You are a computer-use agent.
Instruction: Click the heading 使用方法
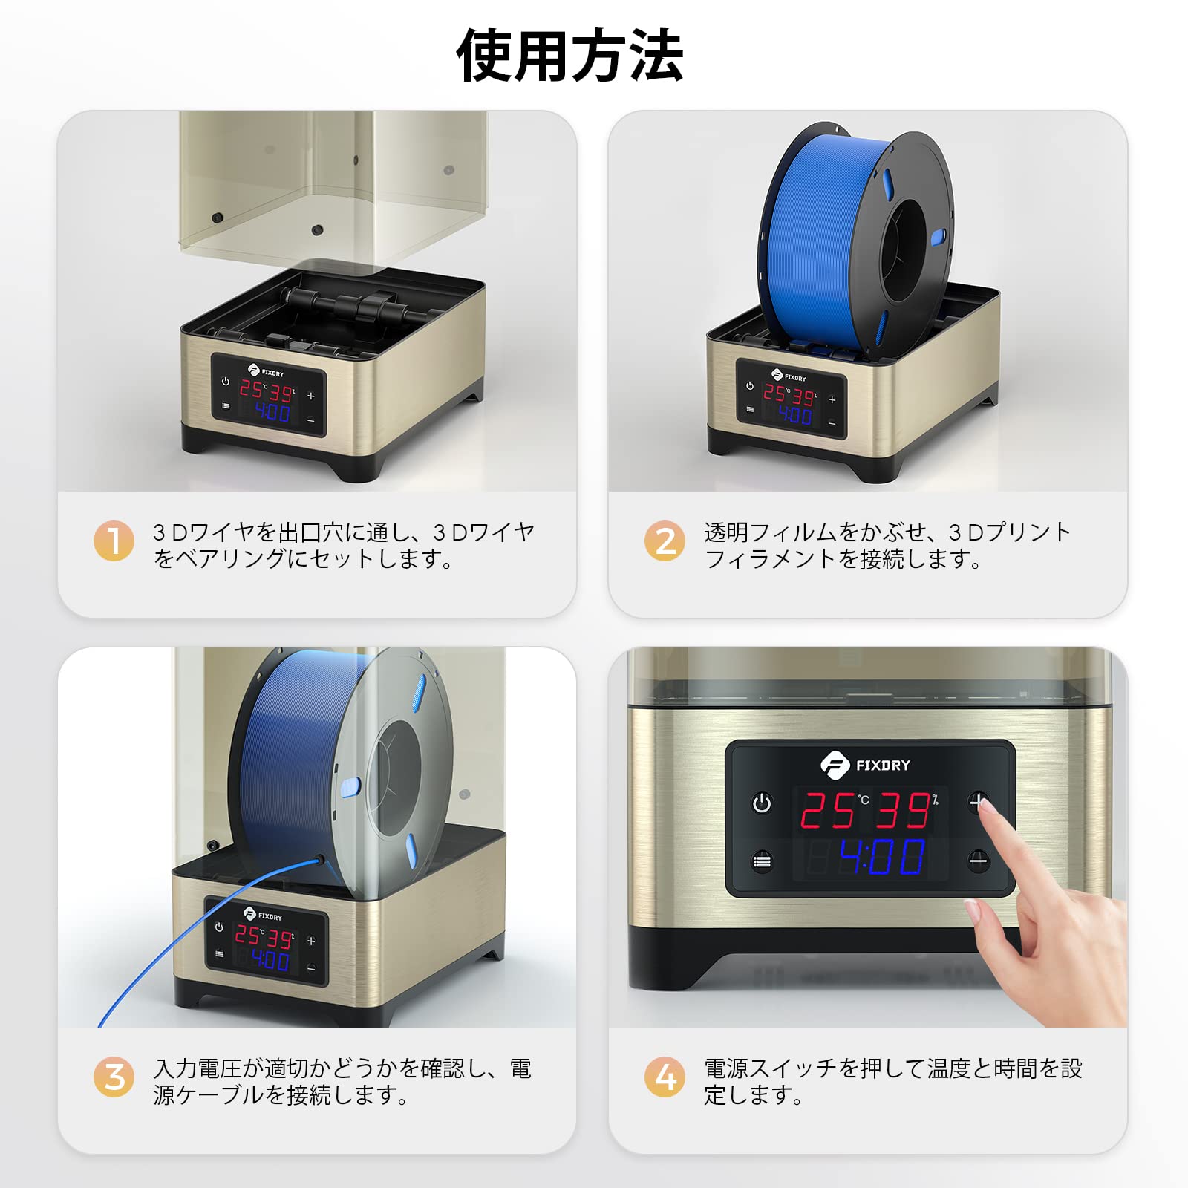(569, 56)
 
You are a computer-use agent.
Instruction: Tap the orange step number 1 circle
(114, 541)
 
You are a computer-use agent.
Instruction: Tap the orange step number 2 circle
(665, 541)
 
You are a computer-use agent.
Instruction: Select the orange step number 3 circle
(114, 1077)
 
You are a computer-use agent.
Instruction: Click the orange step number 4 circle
(665, 1077)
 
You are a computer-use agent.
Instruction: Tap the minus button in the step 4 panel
(979, 861)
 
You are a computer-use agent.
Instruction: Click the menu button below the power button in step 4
(762, 861)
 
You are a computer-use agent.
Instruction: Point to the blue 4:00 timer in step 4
(882, 858)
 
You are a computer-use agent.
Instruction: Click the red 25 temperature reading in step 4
(828, 810)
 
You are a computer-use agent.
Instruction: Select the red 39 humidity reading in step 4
(903, 810)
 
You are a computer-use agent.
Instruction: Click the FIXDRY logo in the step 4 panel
(866, 765)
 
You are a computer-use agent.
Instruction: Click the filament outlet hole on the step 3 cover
(321, 858)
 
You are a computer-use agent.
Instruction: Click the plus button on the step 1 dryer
(311, 396)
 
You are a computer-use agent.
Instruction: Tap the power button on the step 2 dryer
(750, 386)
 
